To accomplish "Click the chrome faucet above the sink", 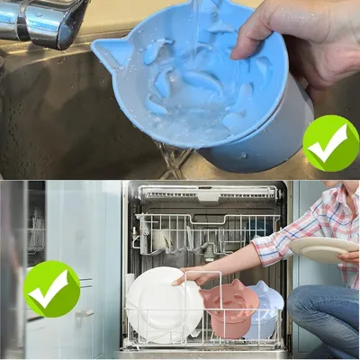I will click(x=45, y=22).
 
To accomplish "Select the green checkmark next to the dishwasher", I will click(x=51, y=288).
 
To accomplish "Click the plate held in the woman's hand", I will click(x=324, y=249).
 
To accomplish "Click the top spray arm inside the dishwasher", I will click(x=207, y=193).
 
